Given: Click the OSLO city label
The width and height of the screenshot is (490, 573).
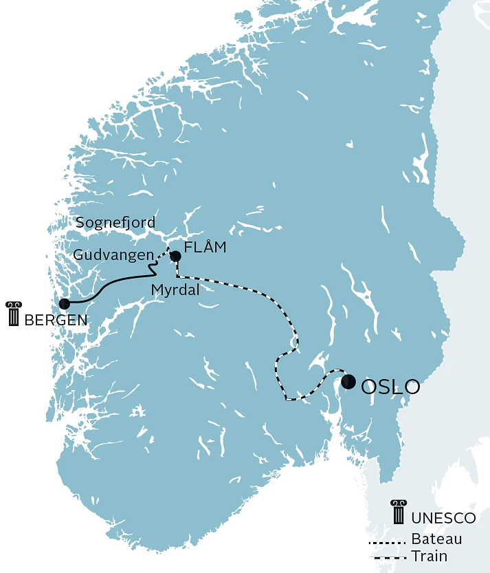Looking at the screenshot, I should click(x=390, y=387).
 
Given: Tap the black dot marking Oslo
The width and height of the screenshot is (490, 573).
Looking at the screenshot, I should click(x=348, y=382).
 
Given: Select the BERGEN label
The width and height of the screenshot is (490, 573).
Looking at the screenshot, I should click(x=56, y=320).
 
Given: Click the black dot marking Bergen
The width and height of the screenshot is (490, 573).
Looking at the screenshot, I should click(x=65, y=303).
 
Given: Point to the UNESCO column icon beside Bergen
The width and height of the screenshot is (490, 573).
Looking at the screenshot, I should click(x=12, y=313).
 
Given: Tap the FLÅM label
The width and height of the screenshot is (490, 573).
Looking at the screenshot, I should click(x=205, y=248).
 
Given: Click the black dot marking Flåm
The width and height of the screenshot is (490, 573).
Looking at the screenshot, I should click(x=175, y=257).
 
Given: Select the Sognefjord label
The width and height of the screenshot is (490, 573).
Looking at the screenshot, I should click(x=115, y=223).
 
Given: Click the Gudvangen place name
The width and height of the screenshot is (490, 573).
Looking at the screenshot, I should click(x=113, y=255).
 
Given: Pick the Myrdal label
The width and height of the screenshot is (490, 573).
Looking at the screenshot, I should click(x=175, y=290).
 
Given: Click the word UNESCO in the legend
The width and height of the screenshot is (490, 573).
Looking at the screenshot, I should click(x=444, y=518).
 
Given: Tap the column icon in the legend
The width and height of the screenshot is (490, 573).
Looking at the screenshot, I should click(x=398, y=512).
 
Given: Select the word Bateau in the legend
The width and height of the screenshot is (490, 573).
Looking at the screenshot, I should click(x=436, y=539).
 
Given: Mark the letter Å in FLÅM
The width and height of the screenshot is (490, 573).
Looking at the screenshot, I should click(x=207, y=247).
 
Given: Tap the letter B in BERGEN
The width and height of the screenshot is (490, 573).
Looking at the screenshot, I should click(x=28, y=320).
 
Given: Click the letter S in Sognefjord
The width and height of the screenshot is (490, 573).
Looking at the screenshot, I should click(x=80, y=223).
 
